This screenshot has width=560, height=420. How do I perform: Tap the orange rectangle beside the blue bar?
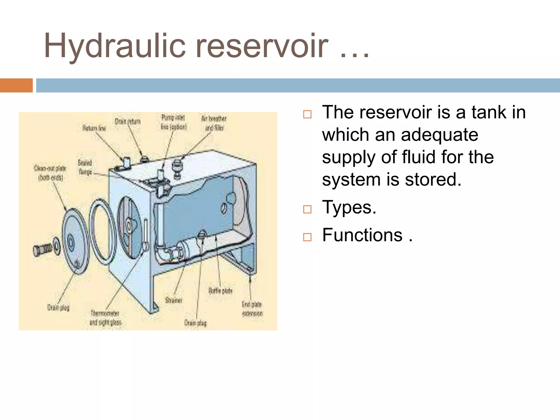coord(16,85)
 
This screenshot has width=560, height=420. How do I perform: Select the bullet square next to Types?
coord(307,209)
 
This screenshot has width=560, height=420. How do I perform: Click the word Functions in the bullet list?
coord(362,235)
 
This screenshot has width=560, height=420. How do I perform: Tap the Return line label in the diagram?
coord(94,128)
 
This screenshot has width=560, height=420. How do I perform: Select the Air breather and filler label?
coord(214,123)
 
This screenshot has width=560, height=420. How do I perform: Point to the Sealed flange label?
coord(85,167)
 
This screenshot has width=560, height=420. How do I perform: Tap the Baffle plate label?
coord(220,291)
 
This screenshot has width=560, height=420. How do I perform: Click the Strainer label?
coord(174,300)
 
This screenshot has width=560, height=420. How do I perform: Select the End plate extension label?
coord(252,309)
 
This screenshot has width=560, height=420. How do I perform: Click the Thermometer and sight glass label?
coord(105,318)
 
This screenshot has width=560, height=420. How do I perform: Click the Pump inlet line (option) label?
coord(173,122)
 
